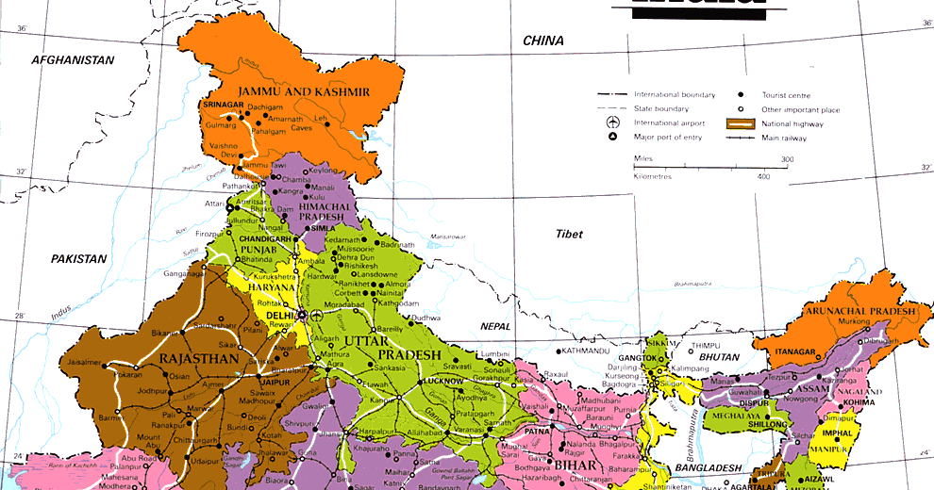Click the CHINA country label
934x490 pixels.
click(543, 41)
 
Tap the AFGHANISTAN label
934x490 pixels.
click(73, 60)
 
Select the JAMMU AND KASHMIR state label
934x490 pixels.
click(304, 91)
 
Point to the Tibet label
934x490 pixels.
click(569, 234)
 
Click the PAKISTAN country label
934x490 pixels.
click(79, 258)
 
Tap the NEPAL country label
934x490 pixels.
click(496, 326)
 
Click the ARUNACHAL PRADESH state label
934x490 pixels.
click(859, 311)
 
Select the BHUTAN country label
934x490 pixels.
click(719, 357)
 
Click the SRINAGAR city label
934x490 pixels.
click(223, 105)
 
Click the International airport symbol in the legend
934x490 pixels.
click(612, 123)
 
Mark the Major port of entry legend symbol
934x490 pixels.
click(612, 138)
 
